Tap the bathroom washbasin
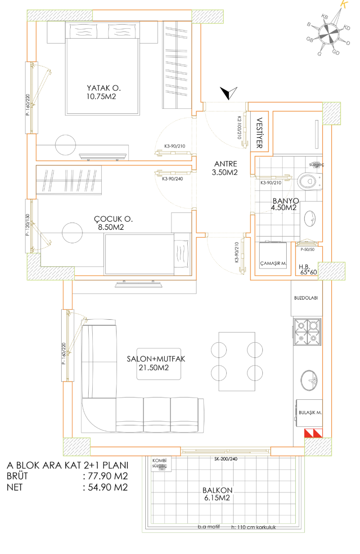pyautogui.click(x=310, y=219)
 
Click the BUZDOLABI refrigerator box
pyautogui.click(x=306, y=298)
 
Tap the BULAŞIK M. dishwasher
pyautogui.click(x=309, y=411)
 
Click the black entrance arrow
pyautogui.click(x=229, y=93)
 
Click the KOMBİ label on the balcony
pyautogui.click(x=160, y=461)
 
